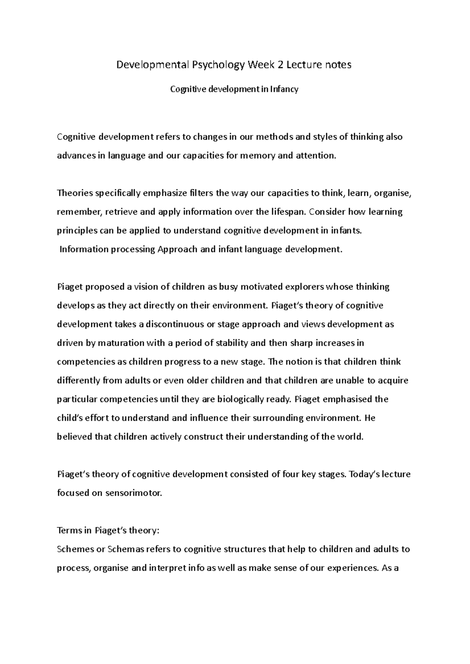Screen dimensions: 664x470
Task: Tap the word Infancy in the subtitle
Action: pos(285,89)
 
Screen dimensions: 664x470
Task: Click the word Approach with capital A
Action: pos(177,249)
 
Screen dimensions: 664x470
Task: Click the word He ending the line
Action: pos(370,418)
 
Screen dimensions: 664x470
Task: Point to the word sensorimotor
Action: pos(133,494)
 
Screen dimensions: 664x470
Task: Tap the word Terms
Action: pos(69,531)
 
